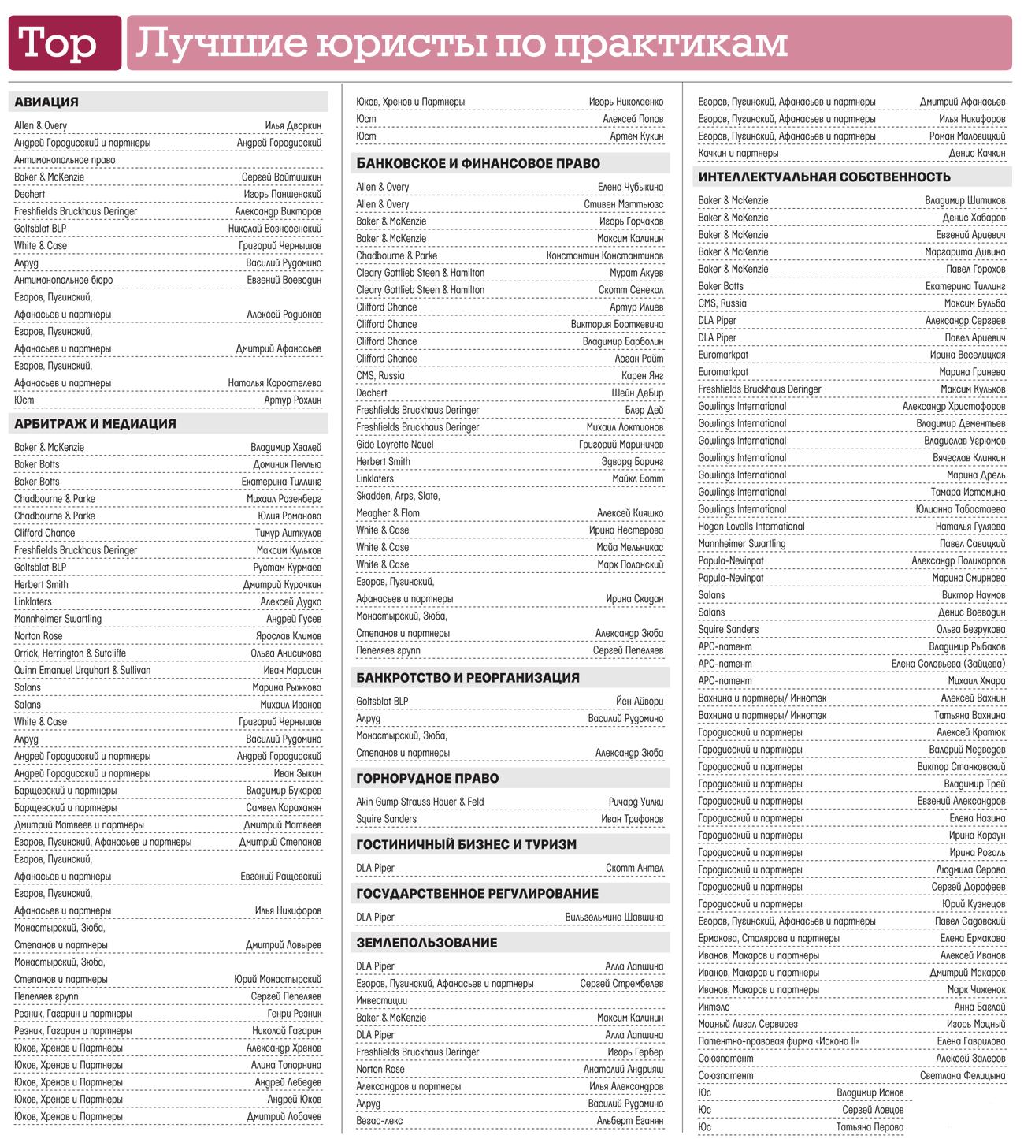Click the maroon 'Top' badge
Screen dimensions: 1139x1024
pyautogui.click(x=65, y=43)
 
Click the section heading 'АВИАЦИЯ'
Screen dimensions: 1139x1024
pyautogui.click(x=46, y=102)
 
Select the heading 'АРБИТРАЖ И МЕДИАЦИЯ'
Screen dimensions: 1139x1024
pyautogui.click(x=95, y=424)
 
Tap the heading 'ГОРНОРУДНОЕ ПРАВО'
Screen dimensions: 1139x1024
pyautogui.click(x=428, y=779)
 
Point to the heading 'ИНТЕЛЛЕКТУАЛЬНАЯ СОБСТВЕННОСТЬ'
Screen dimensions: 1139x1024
pyautogui.click(x=824, y=177)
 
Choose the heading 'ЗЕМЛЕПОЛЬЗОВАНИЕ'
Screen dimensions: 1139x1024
pyautogui.click(x=427, y=943)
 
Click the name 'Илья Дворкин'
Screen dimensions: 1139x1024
pyautogui.click(x=293, y=126)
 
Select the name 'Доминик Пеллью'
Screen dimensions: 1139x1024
pyautogui.click(x=287, y=465)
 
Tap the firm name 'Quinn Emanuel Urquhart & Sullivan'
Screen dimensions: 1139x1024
pyautogui.click(x=83, y=671)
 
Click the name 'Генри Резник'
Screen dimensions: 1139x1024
pyautogui.click(x=294, y=1014)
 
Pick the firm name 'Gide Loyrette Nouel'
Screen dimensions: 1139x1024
pyautogui.click(x=395, y=445)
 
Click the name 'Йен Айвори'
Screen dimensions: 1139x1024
pyautogui.click(x=640, y=702)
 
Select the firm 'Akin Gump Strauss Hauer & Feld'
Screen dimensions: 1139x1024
pyautogui.click(x=420, y=802)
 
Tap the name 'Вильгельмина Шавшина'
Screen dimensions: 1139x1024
pyautogui.click(x=614, y=918)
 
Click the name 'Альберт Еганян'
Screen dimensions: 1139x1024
pyautogui.click(x=630, y=1121)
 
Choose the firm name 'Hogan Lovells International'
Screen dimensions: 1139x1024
pyautogui.click(x=751, y=527)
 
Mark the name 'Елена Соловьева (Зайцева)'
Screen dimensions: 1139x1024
pyautogui.click(x=948, y=664)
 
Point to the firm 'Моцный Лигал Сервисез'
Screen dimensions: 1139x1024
pyautogui.click(x=748, y=1024)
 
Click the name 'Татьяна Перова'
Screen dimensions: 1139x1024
pyautogui.click(x=870, y=1127)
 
